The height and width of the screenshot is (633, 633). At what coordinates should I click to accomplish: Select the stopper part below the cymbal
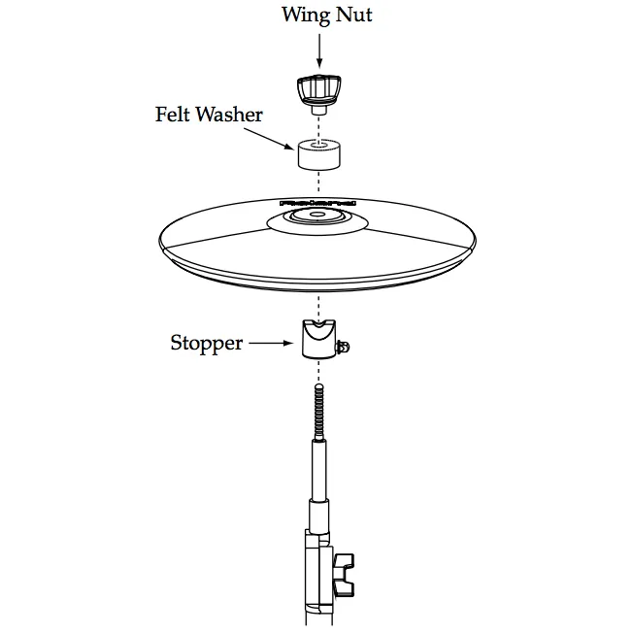tap(317, 340)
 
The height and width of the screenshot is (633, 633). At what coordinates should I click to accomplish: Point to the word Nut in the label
tap(353, 16)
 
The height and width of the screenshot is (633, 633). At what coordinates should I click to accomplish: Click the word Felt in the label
tap(174, 115)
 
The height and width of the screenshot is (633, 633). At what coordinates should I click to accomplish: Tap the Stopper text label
tap(206, 343)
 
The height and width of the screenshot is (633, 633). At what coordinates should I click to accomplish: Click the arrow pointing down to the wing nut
tap(319, 49)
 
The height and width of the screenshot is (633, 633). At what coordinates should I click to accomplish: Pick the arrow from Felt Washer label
tap(282, 139)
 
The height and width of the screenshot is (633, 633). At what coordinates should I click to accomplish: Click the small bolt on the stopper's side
tap(343, 346)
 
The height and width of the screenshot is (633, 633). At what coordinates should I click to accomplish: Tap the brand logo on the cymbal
tap(317, 203)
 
